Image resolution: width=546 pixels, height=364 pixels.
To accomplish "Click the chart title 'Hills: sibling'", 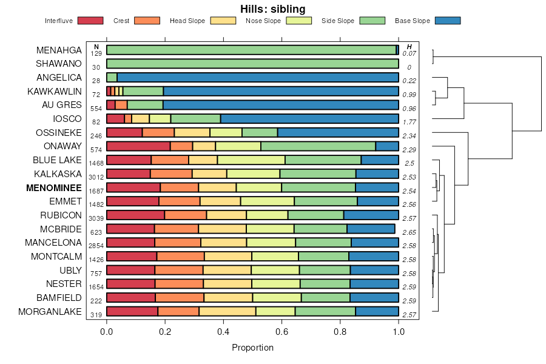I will coord(272,8).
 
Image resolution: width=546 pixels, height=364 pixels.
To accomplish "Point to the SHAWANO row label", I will coord(58,64).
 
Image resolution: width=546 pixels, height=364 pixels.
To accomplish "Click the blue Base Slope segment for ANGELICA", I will coord(257,78).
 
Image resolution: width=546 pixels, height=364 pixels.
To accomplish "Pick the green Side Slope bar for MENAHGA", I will coord(251,50).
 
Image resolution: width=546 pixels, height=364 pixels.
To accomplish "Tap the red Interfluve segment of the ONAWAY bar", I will coord(138,146).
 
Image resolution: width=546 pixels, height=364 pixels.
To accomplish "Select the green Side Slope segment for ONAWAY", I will coord(318,146).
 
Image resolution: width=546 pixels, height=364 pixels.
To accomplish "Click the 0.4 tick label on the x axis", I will coord(223,332).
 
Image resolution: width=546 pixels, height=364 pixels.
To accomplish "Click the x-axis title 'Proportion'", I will coord(252,348).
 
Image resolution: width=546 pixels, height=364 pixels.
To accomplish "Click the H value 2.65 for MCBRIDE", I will coord(409,232).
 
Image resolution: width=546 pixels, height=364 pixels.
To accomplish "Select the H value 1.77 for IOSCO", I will coord(409,122).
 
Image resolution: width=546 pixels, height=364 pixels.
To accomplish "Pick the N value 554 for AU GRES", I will coord(96,108).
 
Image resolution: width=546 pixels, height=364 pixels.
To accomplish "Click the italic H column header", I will coord(409,47).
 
